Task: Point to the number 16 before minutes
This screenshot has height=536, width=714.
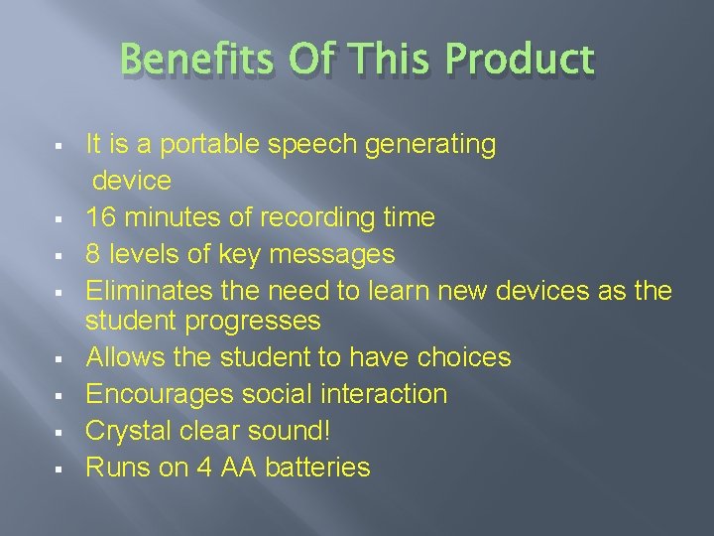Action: [100, 217]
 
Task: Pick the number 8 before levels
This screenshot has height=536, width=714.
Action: [93, 254]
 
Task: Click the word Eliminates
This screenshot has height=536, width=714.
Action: [149, 291]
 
